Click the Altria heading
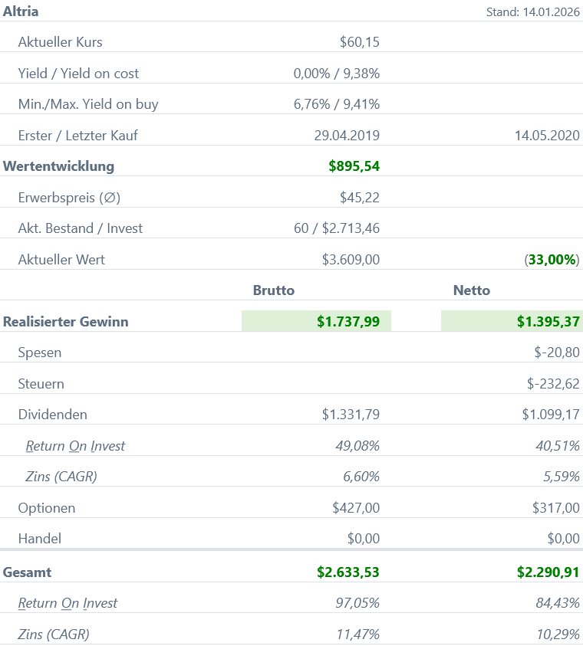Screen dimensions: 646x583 [21, 11]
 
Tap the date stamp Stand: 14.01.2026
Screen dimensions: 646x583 [532, 12]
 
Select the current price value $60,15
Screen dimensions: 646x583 [359, 42]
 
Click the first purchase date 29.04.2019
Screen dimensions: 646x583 [347, 136]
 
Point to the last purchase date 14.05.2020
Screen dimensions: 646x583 [547, 136]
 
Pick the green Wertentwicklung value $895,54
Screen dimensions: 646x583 [354, 166]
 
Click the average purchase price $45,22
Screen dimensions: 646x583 [359, 198]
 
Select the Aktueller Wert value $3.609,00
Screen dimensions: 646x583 [351, 260]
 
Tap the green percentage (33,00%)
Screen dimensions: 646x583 [552, 260]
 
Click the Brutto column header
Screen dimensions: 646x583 [274, 290]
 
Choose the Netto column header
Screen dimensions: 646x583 [472, 290]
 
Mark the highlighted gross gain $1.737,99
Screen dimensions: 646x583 [347, 322]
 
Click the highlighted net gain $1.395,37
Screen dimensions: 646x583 [548, 322]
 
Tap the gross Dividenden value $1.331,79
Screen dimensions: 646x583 [351, 415]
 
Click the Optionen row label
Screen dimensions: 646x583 [47, 508]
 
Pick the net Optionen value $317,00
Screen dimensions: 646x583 [555, 508]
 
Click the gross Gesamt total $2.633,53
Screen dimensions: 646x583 [347, 572]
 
